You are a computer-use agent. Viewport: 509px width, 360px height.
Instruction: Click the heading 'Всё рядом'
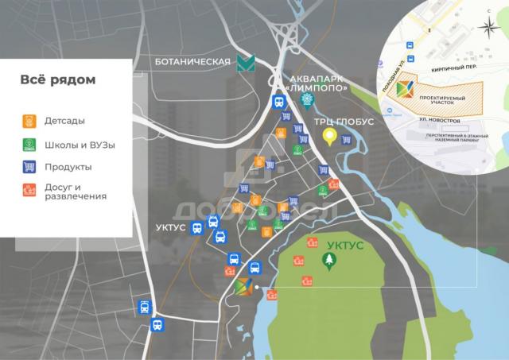coord(57,80)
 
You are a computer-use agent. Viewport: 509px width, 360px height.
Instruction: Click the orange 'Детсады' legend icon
coord(29,122)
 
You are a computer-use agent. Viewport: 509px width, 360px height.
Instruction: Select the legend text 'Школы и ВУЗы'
coord(80,145)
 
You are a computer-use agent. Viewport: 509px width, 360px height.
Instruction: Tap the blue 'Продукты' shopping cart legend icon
coord(29,167)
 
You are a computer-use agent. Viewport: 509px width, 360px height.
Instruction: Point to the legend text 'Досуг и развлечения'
coord(76,191)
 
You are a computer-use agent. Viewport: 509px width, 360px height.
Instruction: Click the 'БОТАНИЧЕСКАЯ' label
coord(193,62)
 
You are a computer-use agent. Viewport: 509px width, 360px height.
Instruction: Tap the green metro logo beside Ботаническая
coord(245,64)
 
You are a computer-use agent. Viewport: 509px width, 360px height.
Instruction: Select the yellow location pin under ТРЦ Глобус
coord(329,137)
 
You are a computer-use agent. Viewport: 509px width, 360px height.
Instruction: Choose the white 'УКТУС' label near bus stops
coord(171,227)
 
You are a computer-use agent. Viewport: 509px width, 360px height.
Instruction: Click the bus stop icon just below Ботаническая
coord(278,102)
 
